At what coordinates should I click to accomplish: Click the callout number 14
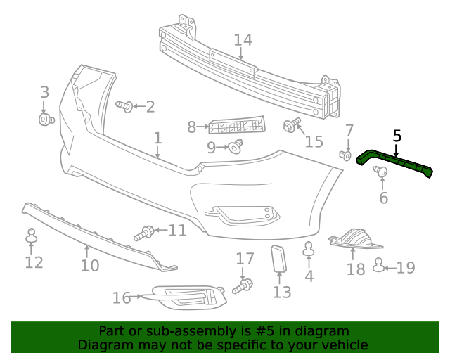click(x=243, y=40)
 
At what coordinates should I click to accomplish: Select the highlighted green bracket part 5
click(x=394, y=164)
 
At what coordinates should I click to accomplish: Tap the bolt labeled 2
click(x=124, y=106)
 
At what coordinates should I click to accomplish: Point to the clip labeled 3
click(x=46, y=120)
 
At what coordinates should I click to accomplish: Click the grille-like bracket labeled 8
click(x=237, y=126)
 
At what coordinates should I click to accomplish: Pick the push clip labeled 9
click(x=235, y=146)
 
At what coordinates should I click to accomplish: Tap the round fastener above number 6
click(x=380, y=172)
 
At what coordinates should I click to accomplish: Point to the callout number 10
click(x=89, y=266)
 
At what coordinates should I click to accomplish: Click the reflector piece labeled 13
click(x=279, y=258)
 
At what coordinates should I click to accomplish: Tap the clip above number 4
click(x=308, y=249)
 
